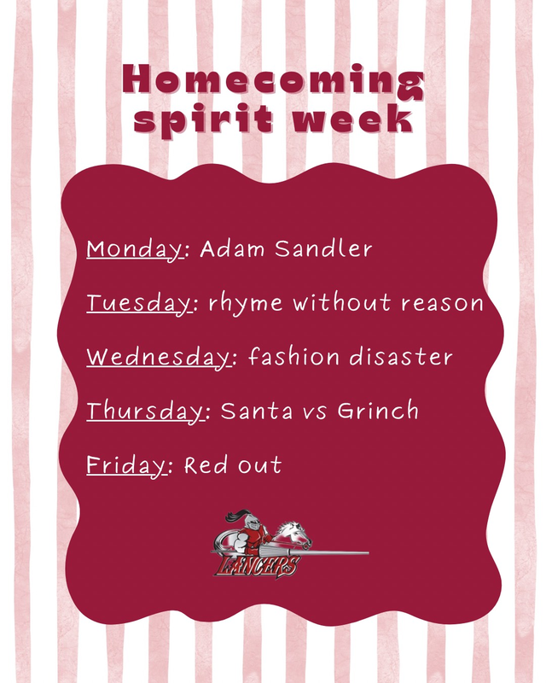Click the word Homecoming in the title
click(x=272, y=80)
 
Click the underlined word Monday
click(x=135, y=249)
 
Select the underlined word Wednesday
click(x=158, y=357)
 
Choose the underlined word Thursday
click(x=146, y=412)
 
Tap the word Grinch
click(x=378, y=412)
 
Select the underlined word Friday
click(x=125, y=465)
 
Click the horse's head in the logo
click(x=294, y=534)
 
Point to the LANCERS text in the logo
click(x=255, y=566)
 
